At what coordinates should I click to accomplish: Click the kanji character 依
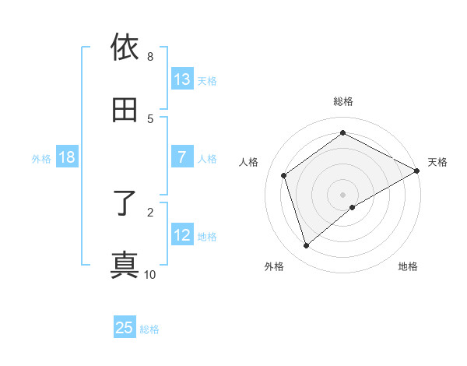click(x=125, y=49)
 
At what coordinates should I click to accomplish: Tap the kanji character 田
click(x=125, y=111)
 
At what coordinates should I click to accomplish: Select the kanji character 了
click(x=125, y=204)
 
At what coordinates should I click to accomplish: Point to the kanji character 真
click(x=125, y=266)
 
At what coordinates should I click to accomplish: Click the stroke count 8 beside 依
click(x=150, y=57)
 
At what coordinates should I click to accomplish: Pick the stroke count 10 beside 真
click(x=150, y=274)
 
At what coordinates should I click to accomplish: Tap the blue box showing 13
click(x=182, y=79)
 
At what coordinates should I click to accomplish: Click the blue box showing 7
click(x=182, y=157)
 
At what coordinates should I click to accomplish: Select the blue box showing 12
click(x=182, y=235)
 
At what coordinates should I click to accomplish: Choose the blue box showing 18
click(x=67, y=157)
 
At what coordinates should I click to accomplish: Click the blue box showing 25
click(x=125, y=328)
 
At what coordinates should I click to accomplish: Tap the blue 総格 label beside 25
click(x=149, y=329)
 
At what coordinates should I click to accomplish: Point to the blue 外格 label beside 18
click(x=41, y=159)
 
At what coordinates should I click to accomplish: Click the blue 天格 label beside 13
click(x=207, y=81)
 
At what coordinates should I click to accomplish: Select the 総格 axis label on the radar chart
click(x=343, y=101)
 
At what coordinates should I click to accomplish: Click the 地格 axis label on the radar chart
click(x=408, y=267)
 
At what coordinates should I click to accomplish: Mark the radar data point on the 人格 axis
click(x=284, y=175)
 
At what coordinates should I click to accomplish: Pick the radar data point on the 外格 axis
click(x=307, y=246)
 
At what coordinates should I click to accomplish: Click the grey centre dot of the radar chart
click(x=343, y=194)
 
